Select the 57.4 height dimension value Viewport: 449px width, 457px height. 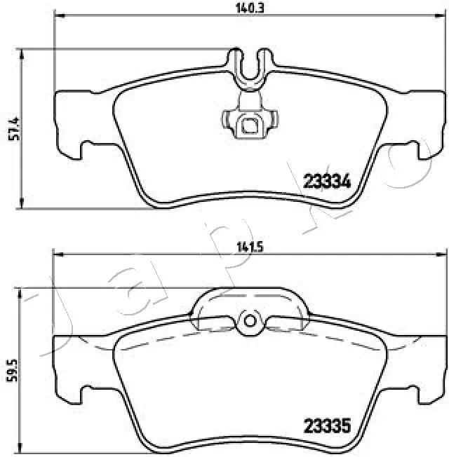11,128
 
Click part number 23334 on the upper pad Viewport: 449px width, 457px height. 326,181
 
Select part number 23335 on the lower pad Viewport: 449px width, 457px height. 326,425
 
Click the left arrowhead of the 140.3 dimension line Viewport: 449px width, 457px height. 58,15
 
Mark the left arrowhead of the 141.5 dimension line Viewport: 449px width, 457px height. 58,254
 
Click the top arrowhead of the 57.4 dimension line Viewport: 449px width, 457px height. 24,53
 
